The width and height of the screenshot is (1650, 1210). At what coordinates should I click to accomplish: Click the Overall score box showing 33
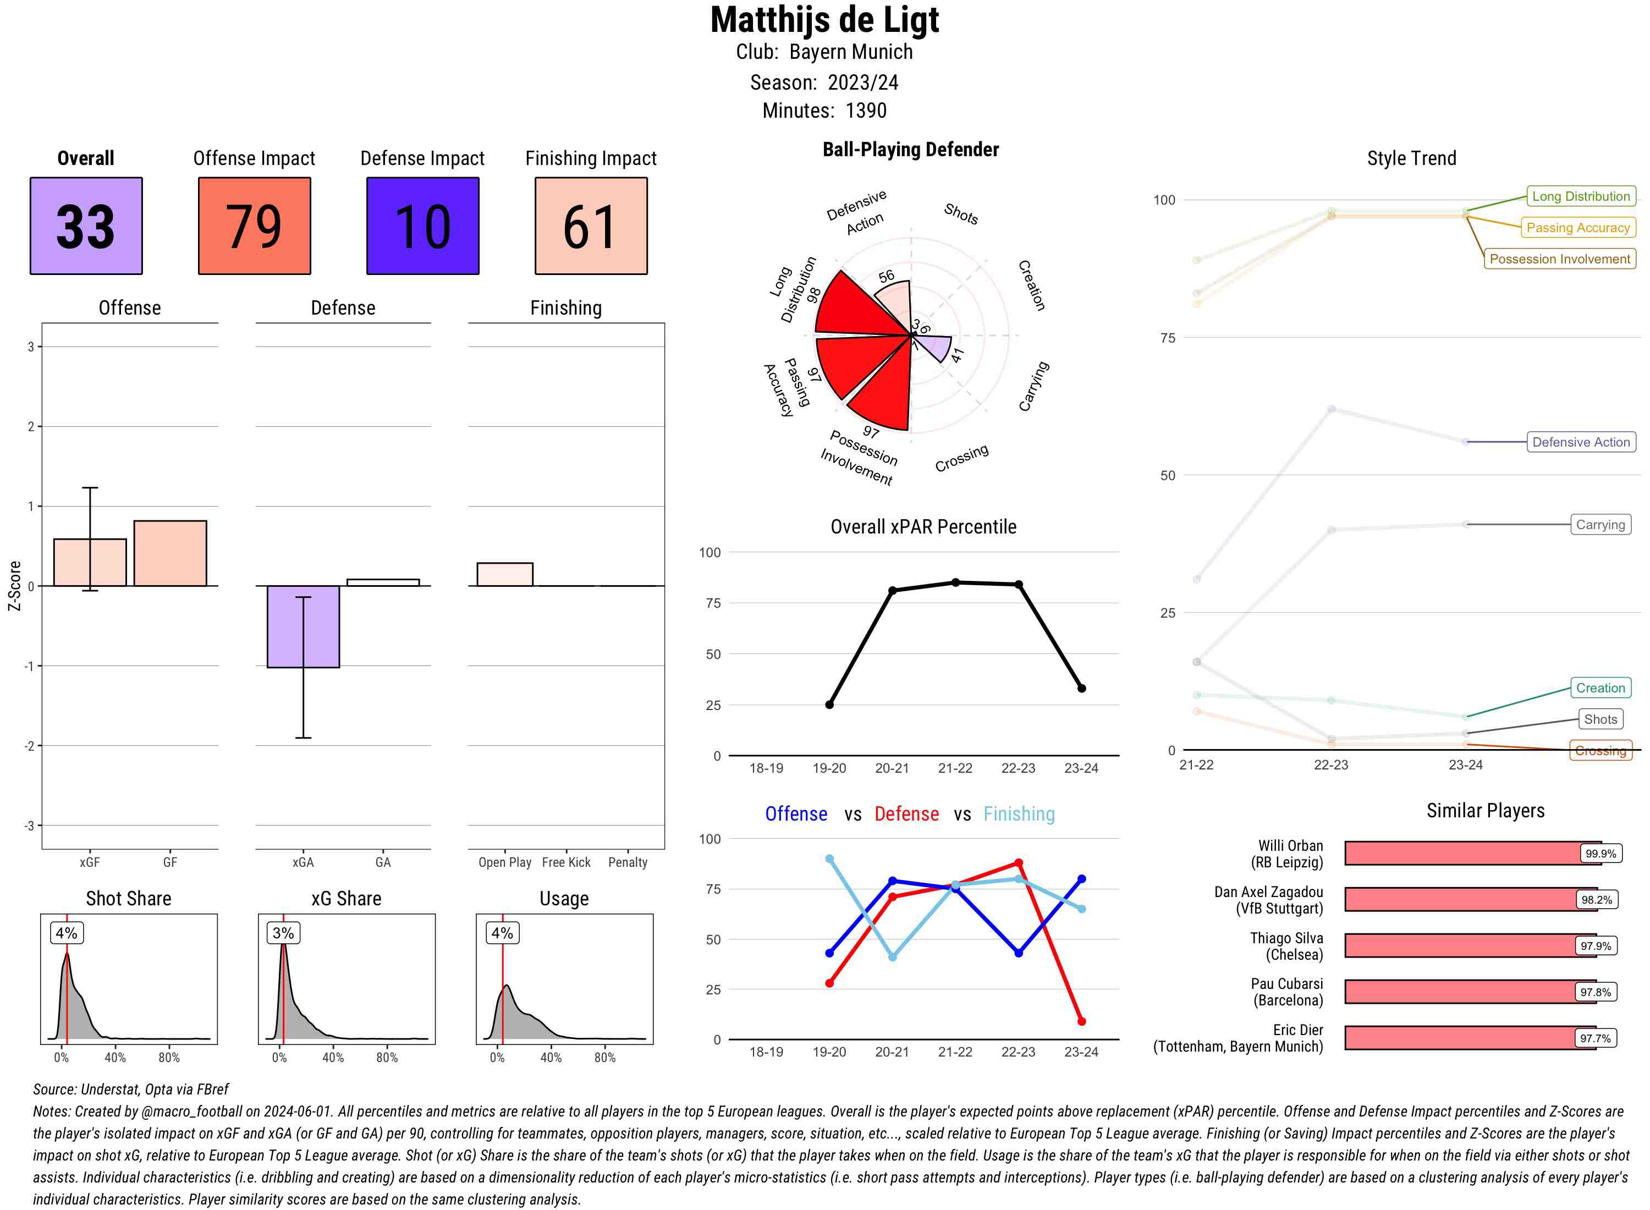click(x=86, y=226)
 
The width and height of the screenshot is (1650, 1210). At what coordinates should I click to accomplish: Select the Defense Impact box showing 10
click(x=422, y=226)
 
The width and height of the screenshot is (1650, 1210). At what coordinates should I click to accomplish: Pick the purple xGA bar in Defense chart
click(x=303, y=626)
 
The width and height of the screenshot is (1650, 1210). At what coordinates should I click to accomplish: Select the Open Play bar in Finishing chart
click(x=504, y=574)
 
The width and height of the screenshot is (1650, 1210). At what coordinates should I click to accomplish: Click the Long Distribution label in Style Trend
click(x=1581, y=196)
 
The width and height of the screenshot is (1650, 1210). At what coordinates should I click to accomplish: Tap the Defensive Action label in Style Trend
click(x=1581, y=442)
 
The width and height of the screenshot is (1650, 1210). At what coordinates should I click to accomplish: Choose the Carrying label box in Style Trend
click(x=1599, y=525)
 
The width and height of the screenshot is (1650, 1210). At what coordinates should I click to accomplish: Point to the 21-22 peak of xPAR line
click(x=955, y=582)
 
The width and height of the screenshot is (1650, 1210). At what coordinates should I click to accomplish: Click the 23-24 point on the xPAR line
click(x=1081, y=689)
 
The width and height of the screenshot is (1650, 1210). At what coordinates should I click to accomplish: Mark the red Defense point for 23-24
click(x=1081, y=1021)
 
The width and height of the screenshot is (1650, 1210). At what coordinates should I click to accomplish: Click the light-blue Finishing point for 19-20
click(x=829, y=859)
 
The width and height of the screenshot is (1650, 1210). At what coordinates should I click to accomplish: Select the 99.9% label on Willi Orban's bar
click(x=1600, y=853)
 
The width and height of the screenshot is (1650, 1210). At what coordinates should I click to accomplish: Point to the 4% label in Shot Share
click(x=67, y=933)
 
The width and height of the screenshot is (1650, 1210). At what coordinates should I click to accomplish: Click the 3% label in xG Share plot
click(x=283, y=933)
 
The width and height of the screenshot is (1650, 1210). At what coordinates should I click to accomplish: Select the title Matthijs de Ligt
click(x=824, y=20)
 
